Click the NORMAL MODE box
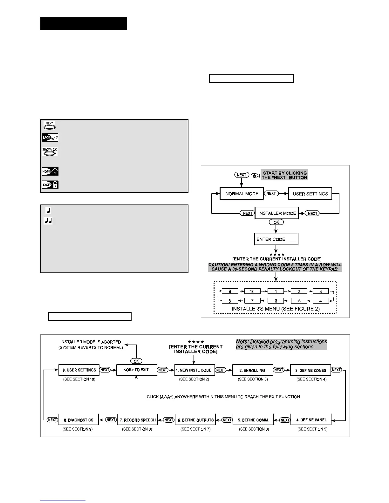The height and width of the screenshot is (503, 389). tap(242, 193)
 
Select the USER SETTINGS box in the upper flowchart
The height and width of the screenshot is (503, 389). tap(310, 193)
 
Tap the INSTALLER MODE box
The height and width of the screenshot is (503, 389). tap(277, 213)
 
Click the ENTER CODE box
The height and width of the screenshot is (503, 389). tap(276, 239)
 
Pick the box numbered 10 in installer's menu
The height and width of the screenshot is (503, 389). tap(252, 291)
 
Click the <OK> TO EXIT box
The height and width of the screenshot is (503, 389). tap(137, 370)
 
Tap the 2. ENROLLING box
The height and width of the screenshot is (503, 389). tap(252, 370)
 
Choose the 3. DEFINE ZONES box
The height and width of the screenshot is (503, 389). tap(310, 370)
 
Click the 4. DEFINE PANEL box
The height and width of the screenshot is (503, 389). tap(311, 420)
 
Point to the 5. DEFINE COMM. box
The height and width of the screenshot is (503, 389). tap(253, 420)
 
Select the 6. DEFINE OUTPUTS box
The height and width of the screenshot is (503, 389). tap(195, 420)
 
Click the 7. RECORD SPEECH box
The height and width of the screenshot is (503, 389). tap(137, 420)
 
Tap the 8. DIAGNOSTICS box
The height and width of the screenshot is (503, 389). tap(78, 420)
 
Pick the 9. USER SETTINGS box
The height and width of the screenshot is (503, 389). tap(79, 370)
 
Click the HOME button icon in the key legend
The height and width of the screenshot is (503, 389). tap(50, 171)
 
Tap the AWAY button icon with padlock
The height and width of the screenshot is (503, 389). tap(50, 184)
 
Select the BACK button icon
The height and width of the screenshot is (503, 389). tap(50, 137)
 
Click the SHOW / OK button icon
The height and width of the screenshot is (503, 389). tap(50, 151)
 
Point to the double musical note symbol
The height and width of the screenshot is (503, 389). tap(48, 221)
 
